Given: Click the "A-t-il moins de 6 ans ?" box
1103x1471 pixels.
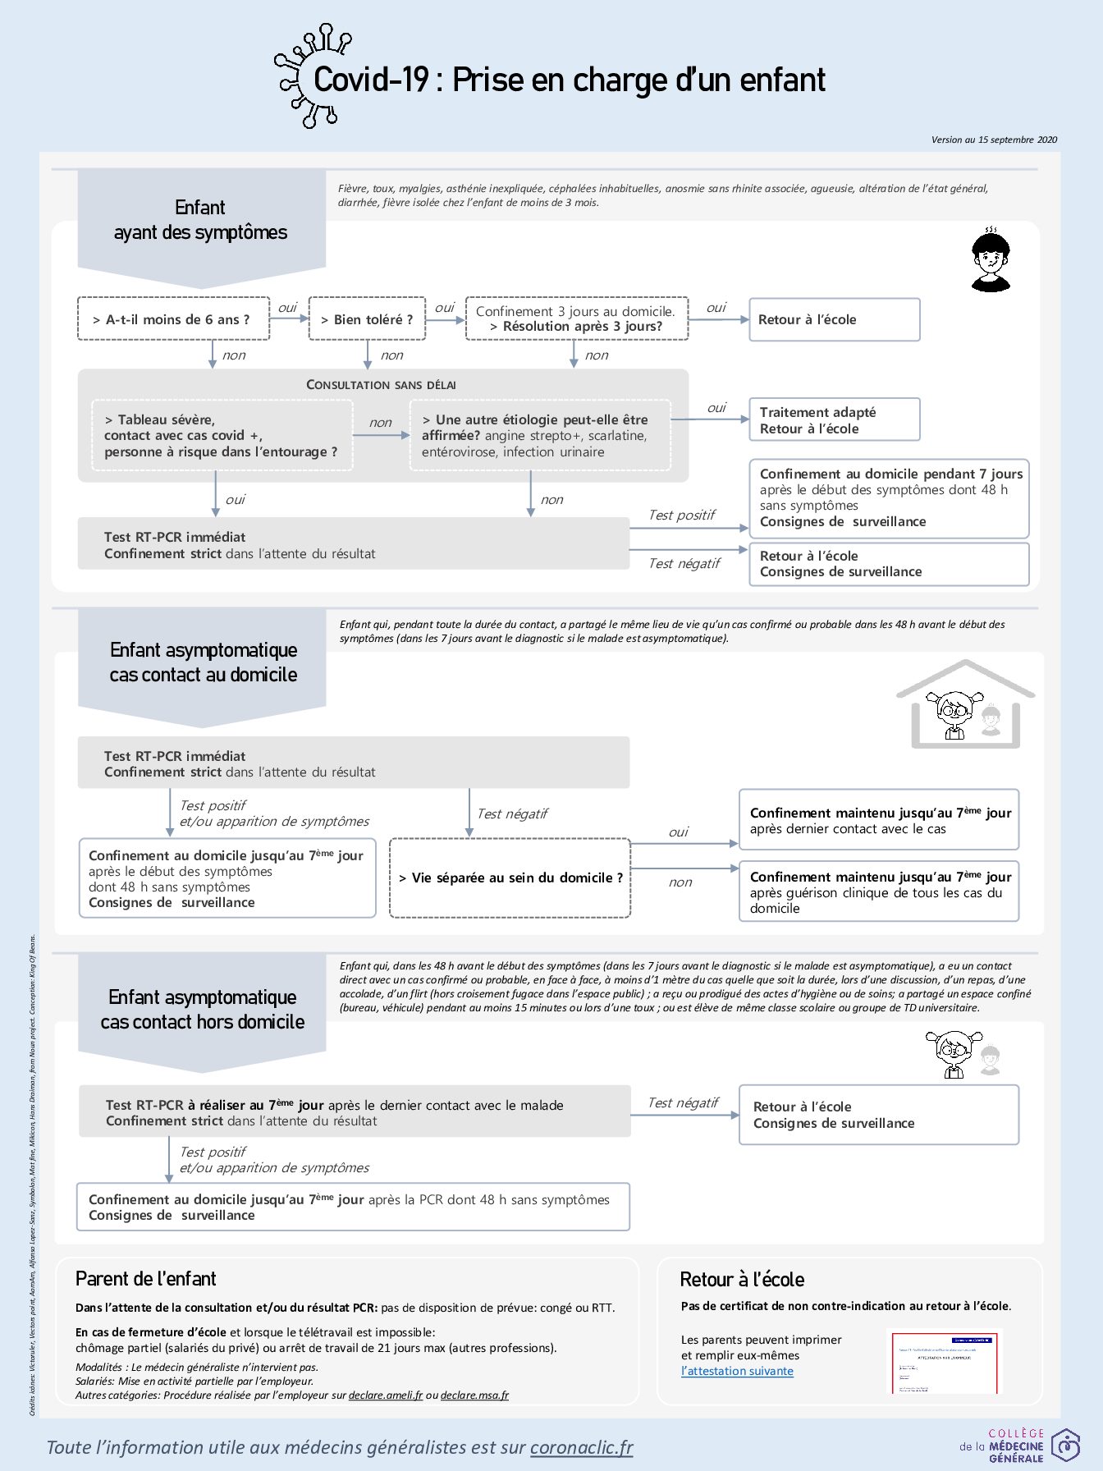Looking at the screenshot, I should pyautogui.click(x=173, y=318).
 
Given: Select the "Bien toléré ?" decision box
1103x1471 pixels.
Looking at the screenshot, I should pyautogui.click(x=367, y=318).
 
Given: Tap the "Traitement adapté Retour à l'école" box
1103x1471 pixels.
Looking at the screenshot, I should pyautogui.click(x=834, y=419).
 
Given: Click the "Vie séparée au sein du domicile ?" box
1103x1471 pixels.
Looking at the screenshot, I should pyautogui.click(x=510, y=878).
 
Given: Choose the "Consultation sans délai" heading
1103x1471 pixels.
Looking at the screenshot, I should pyautogui.click(x=381, y=384).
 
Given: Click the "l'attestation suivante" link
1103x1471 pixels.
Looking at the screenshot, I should pyautogui.click(x=737, y=1371).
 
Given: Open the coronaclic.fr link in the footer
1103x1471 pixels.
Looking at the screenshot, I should pyautogui.click(x=581, y=1447).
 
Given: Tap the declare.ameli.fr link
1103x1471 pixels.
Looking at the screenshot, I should pyautogui.click(x=386, y=1395).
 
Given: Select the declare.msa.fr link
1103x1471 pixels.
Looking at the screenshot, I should pyautogui.click(x=474, y=1395).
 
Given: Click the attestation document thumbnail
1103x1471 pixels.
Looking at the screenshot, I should pyautogui.click(x=945, y=1361).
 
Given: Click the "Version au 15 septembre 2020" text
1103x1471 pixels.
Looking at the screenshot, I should pyautogui.click(x=994, y=140).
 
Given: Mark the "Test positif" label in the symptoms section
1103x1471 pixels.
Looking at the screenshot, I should pyautogui.click(x=681, y=515).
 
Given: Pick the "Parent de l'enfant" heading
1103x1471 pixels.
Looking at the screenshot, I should pyautogui.click(x=146, y=1279).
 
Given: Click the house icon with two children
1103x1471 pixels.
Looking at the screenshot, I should pyautogui.click(x=965, y=704).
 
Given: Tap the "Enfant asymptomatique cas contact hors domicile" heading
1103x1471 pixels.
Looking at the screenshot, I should pyautogui.click(x=203, y=1009).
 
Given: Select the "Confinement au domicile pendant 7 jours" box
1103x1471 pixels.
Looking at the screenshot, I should pyautogui.click(x=889, y=497).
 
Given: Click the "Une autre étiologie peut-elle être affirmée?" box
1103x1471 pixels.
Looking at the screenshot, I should pyautogui.click(x=539, y=435).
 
